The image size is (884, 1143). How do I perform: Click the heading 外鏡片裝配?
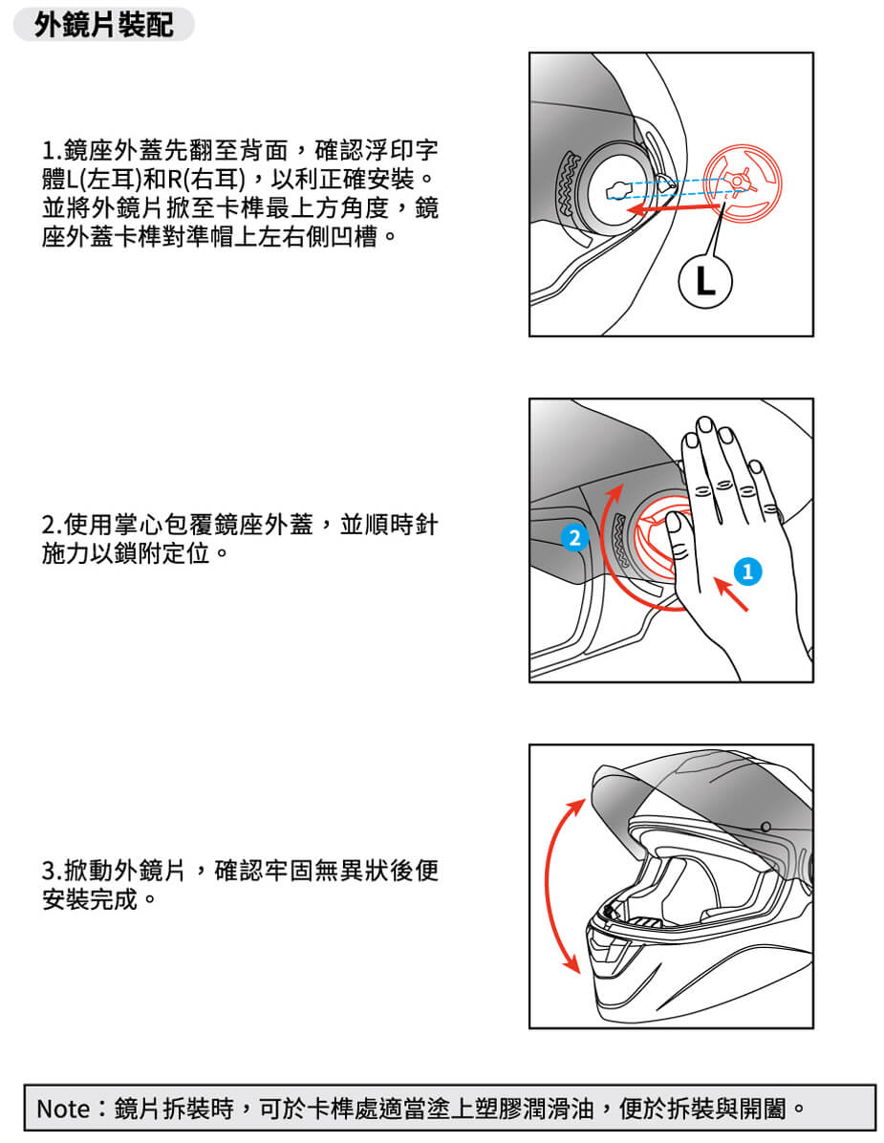pos(104,25)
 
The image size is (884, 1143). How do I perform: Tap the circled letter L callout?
pos(704,281)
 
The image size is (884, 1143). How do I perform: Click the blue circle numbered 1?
pos(747,571)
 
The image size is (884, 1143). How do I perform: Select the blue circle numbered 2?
pos(574,538)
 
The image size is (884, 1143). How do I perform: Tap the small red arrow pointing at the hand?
pos(731,593)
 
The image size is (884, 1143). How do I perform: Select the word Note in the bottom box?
pos(63,1109)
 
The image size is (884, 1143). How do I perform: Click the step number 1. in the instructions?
pos(52,151)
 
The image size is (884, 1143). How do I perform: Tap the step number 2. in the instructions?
pos(52,524)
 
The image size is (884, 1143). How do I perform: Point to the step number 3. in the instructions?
pos(52,871)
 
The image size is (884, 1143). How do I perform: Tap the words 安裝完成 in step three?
pos(91,899)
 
